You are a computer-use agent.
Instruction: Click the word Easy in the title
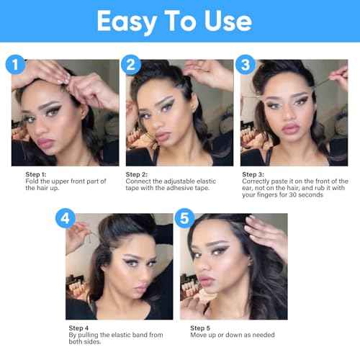tap(127, 22)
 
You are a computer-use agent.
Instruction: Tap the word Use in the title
tap(228, 21)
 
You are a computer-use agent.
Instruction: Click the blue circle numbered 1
tap(15, 64)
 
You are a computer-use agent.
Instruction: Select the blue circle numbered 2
tap(130, 65)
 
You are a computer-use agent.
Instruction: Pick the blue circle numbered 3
tap(246, 64)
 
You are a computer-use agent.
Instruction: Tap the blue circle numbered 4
tap(66, 218)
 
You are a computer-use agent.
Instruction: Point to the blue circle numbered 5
tap(184, 218)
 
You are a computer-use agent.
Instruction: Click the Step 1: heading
tap(36, 174)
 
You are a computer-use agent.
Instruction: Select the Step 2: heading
tap(137, 174)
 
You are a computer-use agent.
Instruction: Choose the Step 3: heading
tap(253, 174)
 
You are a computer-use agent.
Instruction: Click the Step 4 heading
tap(78, 328)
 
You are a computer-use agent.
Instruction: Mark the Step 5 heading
tap(200, 328)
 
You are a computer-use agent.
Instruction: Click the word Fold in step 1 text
tap(32, 181)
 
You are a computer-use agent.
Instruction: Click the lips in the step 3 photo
tap(291, 129)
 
